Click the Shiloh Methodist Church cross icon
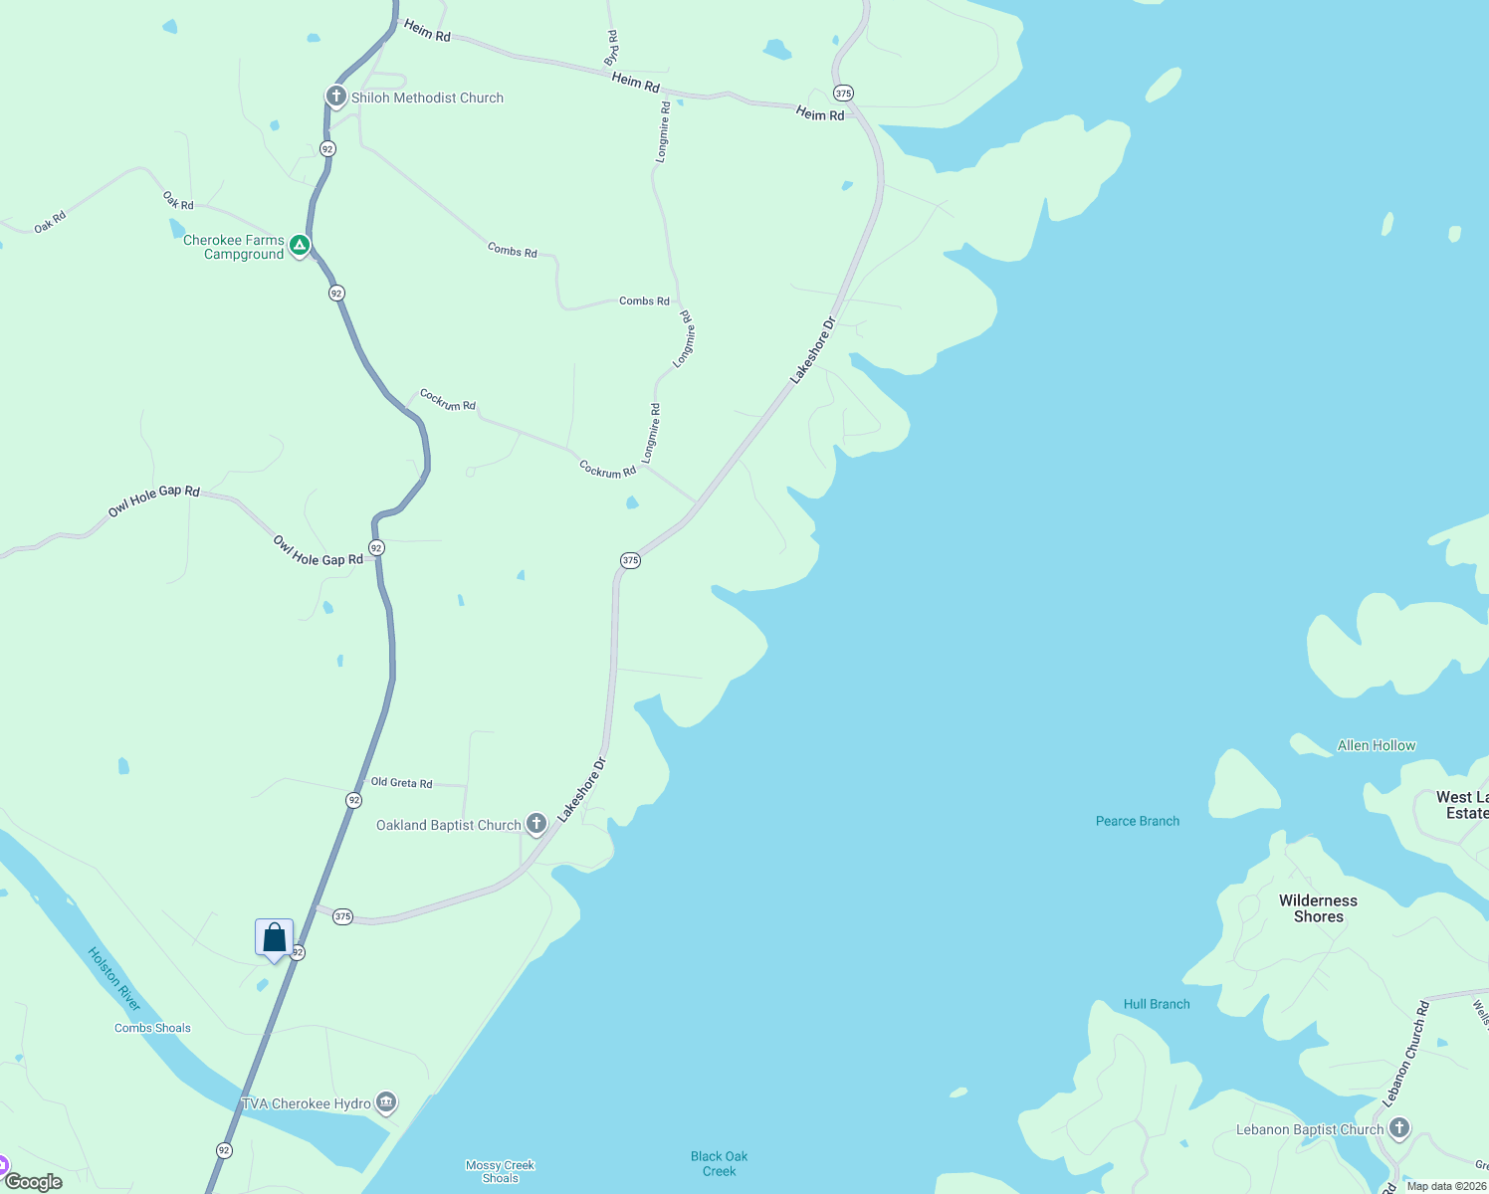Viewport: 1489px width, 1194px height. pos(336,97)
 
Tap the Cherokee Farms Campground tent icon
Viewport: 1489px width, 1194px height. pos(299,245)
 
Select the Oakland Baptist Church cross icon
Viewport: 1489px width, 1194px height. pos(535,823)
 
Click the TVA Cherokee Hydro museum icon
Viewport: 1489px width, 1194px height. pos(386,1102)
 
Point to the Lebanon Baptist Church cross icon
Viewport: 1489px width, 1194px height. pos(1399,1128)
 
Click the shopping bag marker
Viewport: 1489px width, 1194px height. pos(274,938)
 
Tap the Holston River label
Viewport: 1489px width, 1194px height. pos(114,979)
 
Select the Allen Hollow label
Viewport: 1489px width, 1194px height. pos(1376,745)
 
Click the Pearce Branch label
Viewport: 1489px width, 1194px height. pos(1137,821)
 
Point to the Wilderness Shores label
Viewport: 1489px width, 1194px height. pos(1318,908)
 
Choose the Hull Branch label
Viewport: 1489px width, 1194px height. pos(1157,1004)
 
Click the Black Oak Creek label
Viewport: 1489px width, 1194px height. pos(719,1163)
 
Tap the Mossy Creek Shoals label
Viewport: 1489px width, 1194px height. pos(500,1171)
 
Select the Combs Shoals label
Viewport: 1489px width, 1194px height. pos(152,1028)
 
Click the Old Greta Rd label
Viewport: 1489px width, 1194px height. pos(401,783)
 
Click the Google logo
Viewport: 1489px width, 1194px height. pos(33,1182)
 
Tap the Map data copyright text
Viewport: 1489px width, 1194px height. pos(1446,1186)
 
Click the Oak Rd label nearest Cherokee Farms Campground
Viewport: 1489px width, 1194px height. pos(179,202)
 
